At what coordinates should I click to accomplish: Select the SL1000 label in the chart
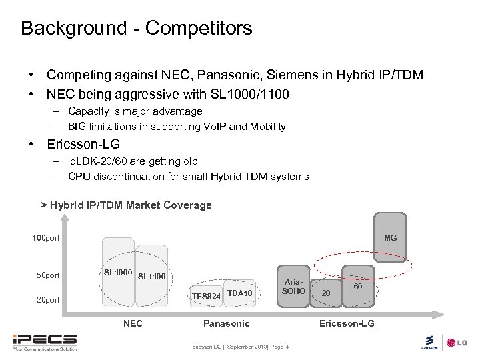(x=118, y=273)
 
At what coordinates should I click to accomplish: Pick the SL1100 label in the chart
(x=151, y=276)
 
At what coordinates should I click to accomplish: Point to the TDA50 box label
(x=239, y=293)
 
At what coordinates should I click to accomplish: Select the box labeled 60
(x=358, y=287)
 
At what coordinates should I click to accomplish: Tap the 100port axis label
(x=46, y=238)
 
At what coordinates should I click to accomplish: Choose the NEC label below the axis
(x=133, y=323)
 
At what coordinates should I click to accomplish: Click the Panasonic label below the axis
(x=226, y=323)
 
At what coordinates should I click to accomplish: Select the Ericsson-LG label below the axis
(x=347, y=323)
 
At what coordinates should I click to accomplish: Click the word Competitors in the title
(x=199, y=28)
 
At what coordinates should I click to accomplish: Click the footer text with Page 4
(x=241, y=347)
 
